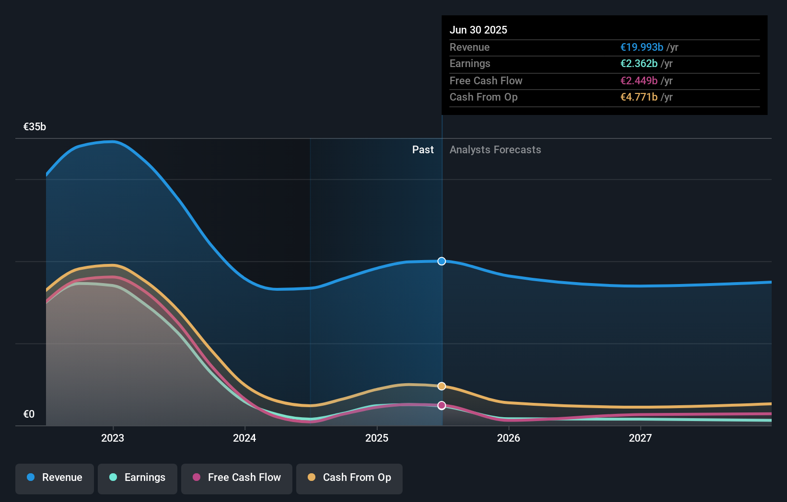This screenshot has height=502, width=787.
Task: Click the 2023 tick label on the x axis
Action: [113, 438]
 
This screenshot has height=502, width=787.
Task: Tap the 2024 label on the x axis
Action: [244, 438]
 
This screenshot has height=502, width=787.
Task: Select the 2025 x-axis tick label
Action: [377, 438]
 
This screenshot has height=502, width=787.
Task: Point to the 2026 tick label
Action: [509, 438]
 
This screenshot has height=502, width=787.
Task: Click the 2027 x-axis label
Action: [640, 438]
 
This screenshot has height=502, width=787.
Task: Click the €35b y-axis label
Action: [35, 127]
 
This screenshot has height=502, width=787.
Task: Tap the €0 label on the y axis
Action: [29, 414]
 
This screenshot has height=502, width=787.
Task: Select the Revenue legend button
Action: [55, 478]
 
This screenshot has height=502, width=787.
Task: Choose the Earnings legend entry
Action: [138, 478]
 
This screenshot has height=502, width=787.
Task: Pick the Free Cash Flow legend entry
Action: [237, 478]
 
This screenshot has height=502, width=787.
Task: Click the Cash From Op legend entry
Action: [349, 478]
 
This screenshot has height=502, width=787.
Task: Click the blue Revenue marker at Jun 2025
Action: [442, 261]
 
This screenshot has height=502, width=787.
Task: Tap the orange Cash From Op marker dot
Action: [442, 386]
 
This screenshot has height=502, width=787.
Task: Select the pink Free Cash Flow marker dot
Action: [442, 405]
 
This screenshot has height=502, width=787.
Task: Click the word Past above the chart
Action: [423, 150]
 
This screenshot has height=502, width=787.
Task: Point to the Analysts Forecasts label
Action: [495, 150]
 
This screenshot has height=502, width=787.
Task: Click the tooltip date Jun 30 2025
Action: [478, 30]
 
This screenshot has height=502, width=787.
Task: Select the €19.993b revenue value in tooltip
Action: [642, 47]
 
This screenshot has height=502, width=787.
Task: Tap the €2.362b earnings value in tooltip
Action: [639, 64]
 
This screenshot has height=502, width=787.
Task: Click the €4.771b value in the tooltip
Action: [639, 97]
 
